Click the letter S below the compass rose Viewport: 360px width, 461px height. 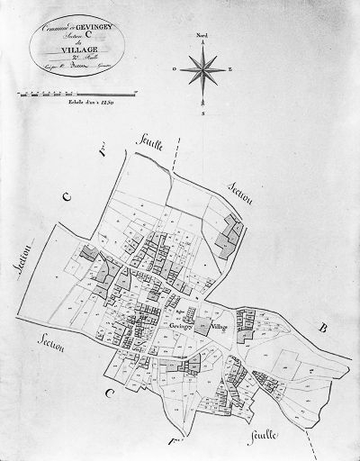[203, 114]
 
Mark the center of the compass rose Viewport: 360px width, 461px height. [203, 68]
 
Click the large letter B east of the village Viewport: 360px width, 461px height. [321, 330]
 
